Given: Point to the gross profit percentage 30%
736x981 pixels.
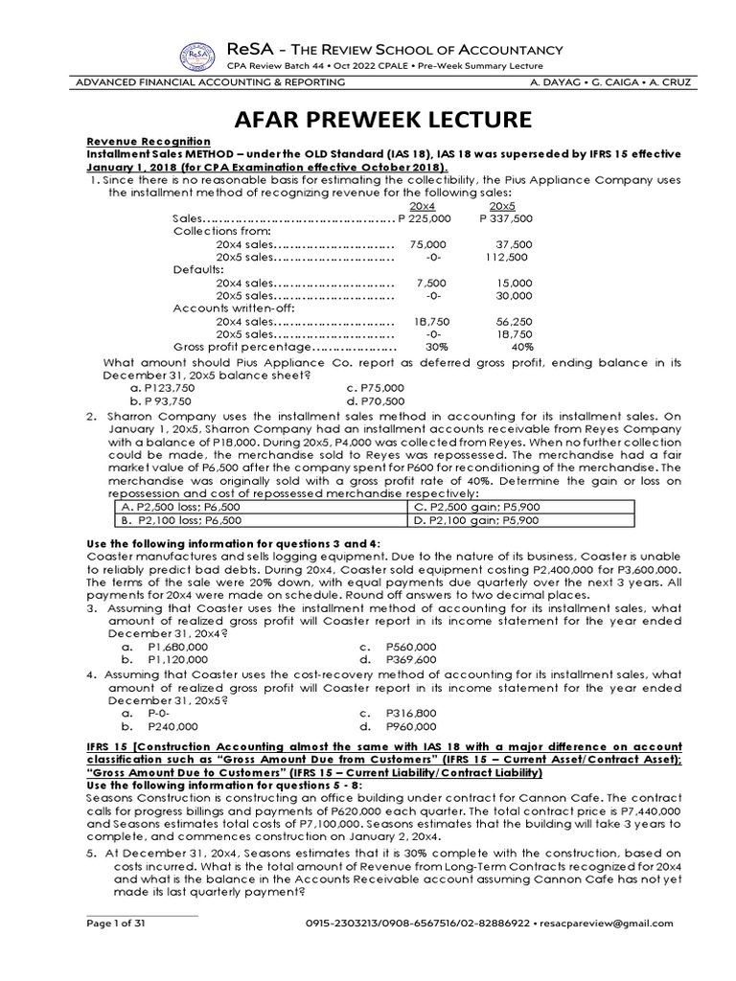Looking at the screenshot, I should point(423,347).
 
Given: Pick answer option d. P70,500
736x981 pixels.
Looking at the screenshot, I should point(375,400).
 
